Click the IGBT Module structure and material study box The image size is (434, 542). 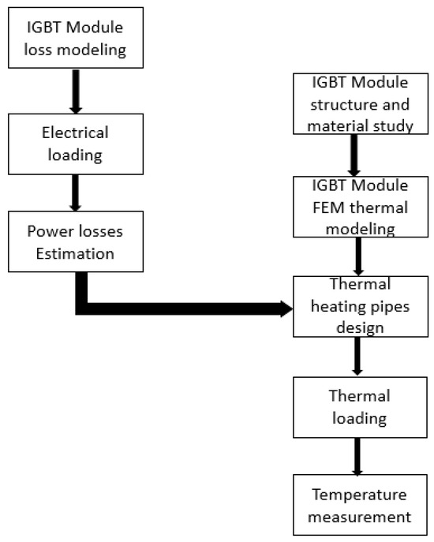pyautogui.click(x=353, y=103)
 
